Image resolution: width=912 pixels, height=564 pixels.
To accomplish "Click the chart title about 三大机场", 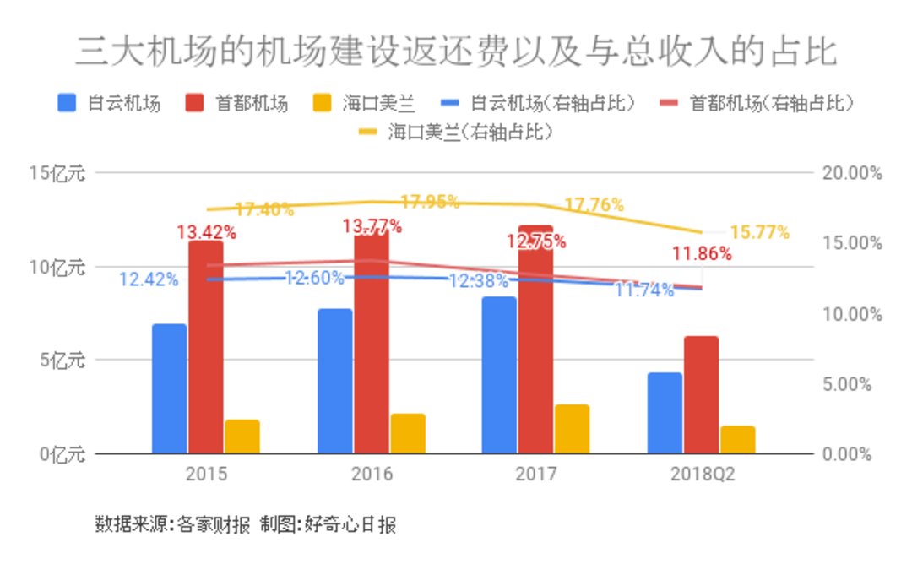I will coord(456,52).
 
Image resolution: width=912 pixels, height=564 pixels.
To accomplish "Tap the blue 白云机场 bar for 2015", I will coord(170,388).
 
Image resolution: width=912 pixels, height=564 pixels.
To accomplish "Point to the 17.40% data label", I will coord(264,209).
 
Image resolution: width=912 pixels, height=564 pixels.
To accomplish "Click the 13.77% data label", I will coord(372,226).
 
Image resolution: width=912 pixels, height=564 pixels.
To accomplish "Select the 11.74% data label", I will coord(644,291).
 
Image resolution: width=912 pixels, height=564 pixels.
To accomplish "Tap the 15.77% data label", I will coord(759,231).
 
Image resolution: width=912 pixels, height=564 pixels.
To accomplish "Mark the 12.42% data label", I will coord(149,279).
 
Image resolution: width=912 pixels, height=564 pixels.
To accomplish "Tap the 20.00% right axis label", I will coord(850,174).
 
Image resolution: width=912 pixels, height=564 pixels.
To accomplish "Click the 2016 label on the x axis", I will coord(372,474).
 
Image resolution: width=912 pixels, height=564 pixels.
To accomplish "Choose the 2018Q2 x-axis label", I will coord(702,474).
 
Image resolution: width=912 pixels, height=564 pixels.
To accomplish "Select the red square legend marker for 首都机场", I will coord(194,103).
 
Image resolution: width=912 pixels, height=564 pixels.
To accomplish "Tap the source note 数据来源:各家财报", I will coord(172,525).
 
